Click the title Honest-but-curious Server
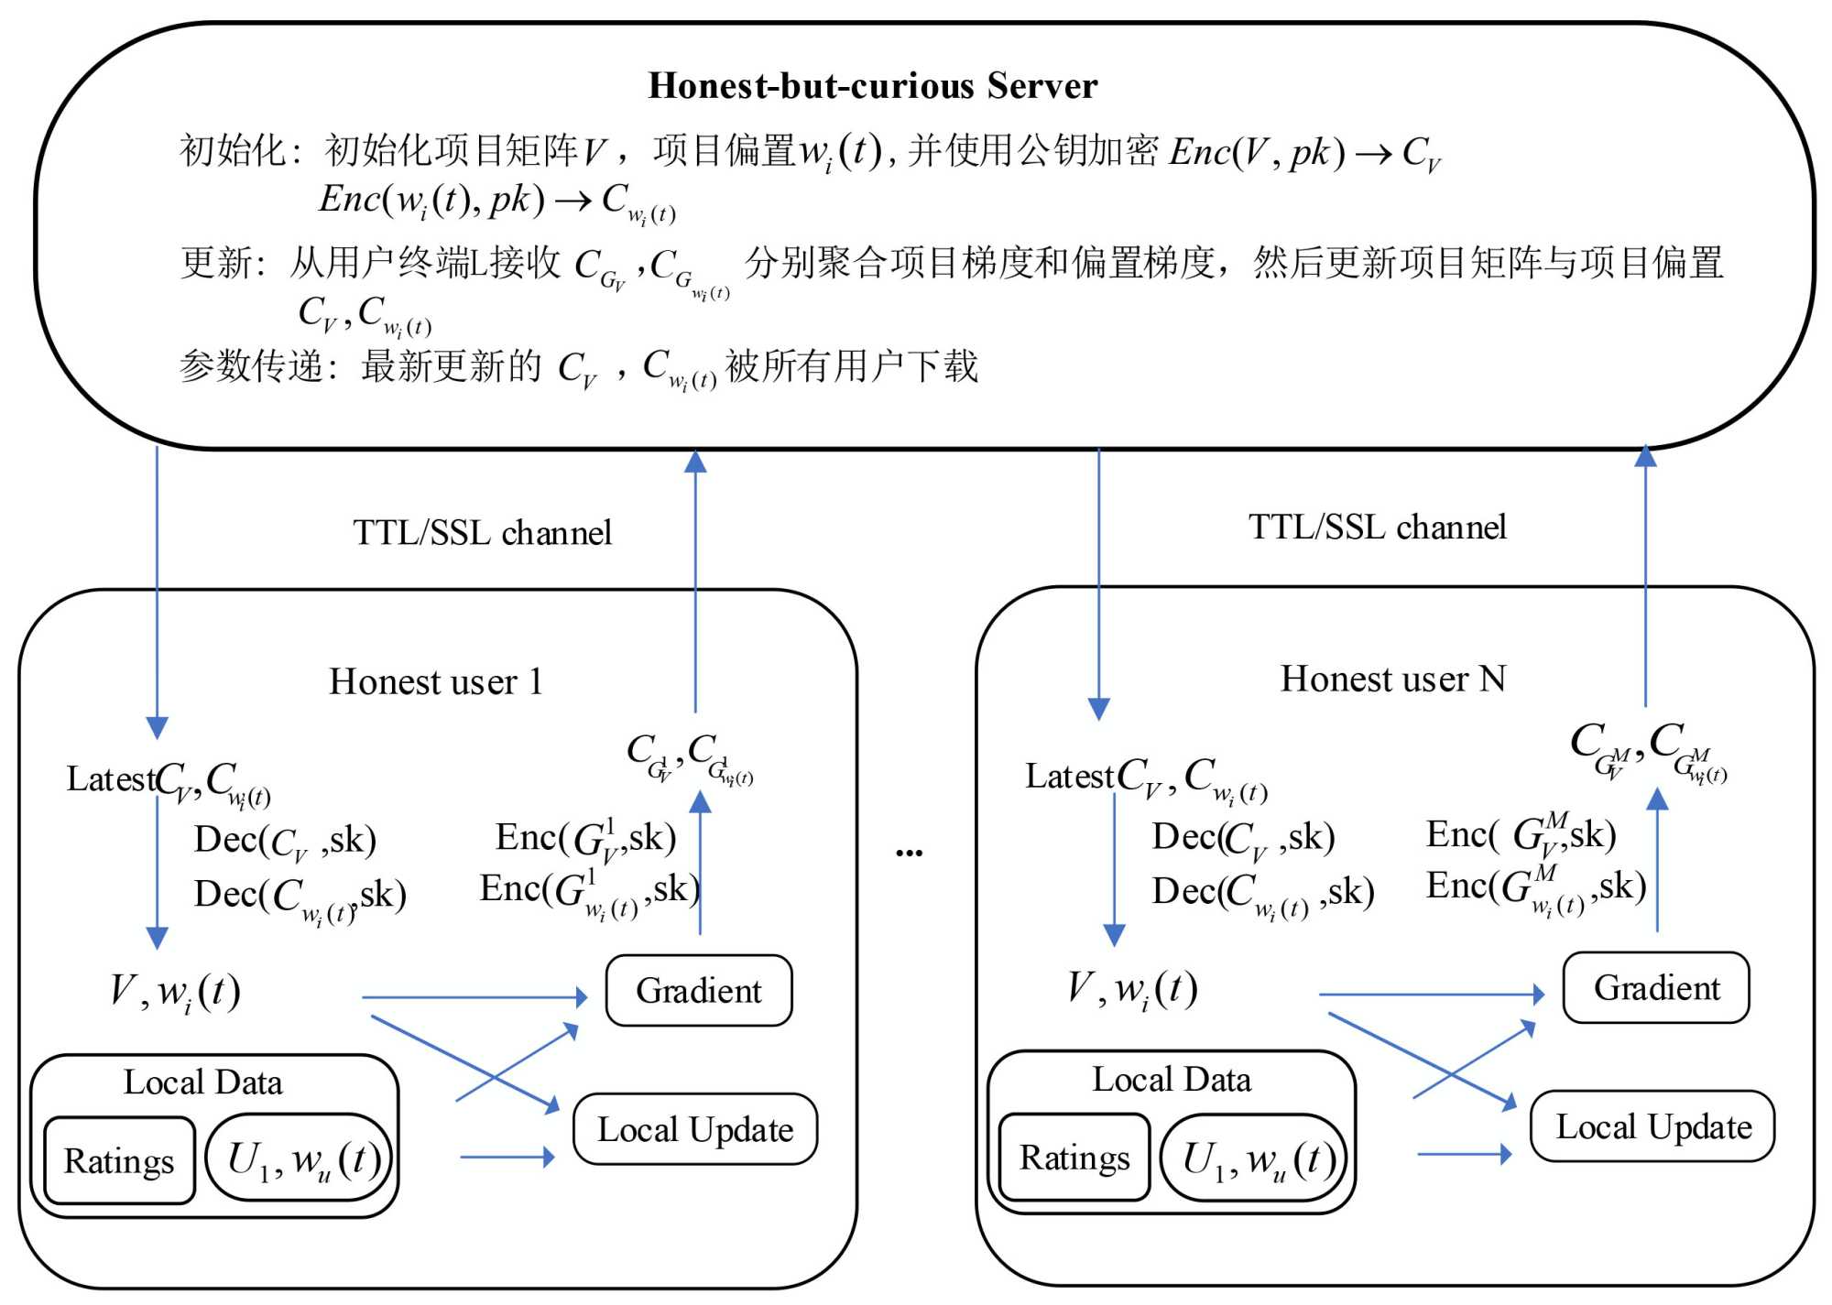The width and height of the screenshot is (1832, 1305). click(x=872, y=85)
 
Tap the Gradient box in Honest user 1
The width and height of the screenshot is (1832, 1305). click(x=699, y=990)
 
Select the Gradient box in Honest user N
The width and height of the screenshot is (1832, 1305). click(x=1656, y=987)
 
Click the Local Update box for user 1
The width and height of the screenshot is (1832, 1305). click(x=695, y=1129)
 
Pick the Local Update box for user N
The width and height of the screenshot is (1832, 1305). click(x=1653, y=1126)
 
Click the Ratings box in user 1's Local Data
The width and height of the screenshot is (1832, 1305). click(x=119, y=1160)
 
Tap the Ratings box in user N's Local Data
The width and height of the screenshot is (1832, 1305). click(x=1074, y=1158)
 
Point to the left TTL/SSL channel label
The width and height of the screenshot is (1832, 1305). click(x=482, y=532)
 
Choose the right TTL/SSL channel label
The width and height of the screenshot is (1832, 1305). click(x=1377, y=527)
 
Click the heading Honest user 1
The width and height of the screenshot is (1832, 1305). click(x=436, y=681)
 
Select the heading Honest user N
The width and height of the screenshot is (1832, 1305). click(x=1392, y=679)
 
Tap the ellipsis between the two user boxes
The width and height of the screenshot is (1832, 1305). click(x=909, y=853)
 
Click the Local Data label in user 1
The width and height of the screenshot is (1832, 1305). click(x=203, y=1082)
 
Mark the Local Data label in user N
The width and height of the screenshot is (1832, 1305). click(x=1172, y=1080)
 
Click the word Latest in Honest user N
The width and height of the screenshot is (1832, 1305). click(x=1068, y=777)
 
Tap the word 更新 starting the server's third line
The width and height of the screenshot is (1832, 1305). click(x=215, y=263)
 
